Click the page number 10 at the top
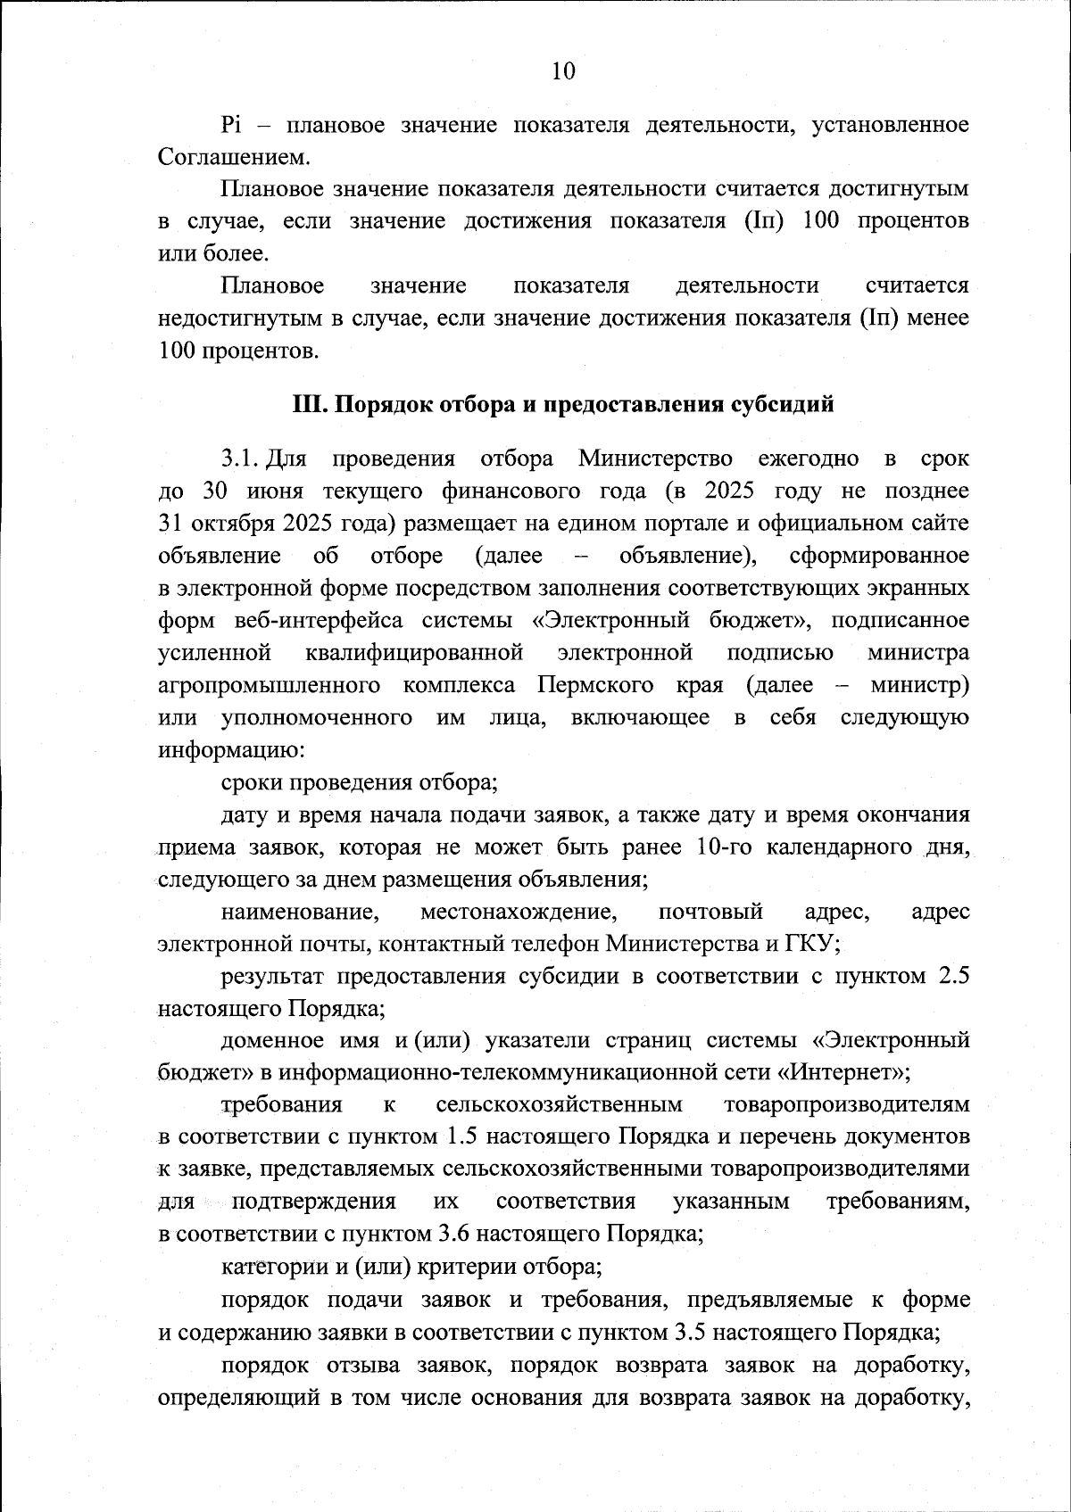click(563, 71)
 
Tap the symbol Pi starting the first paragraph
click(232, 125)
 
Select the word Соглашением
click(234, 158)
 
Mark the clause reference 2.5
click(953, 976)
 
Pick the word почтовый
click(710, 912)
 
